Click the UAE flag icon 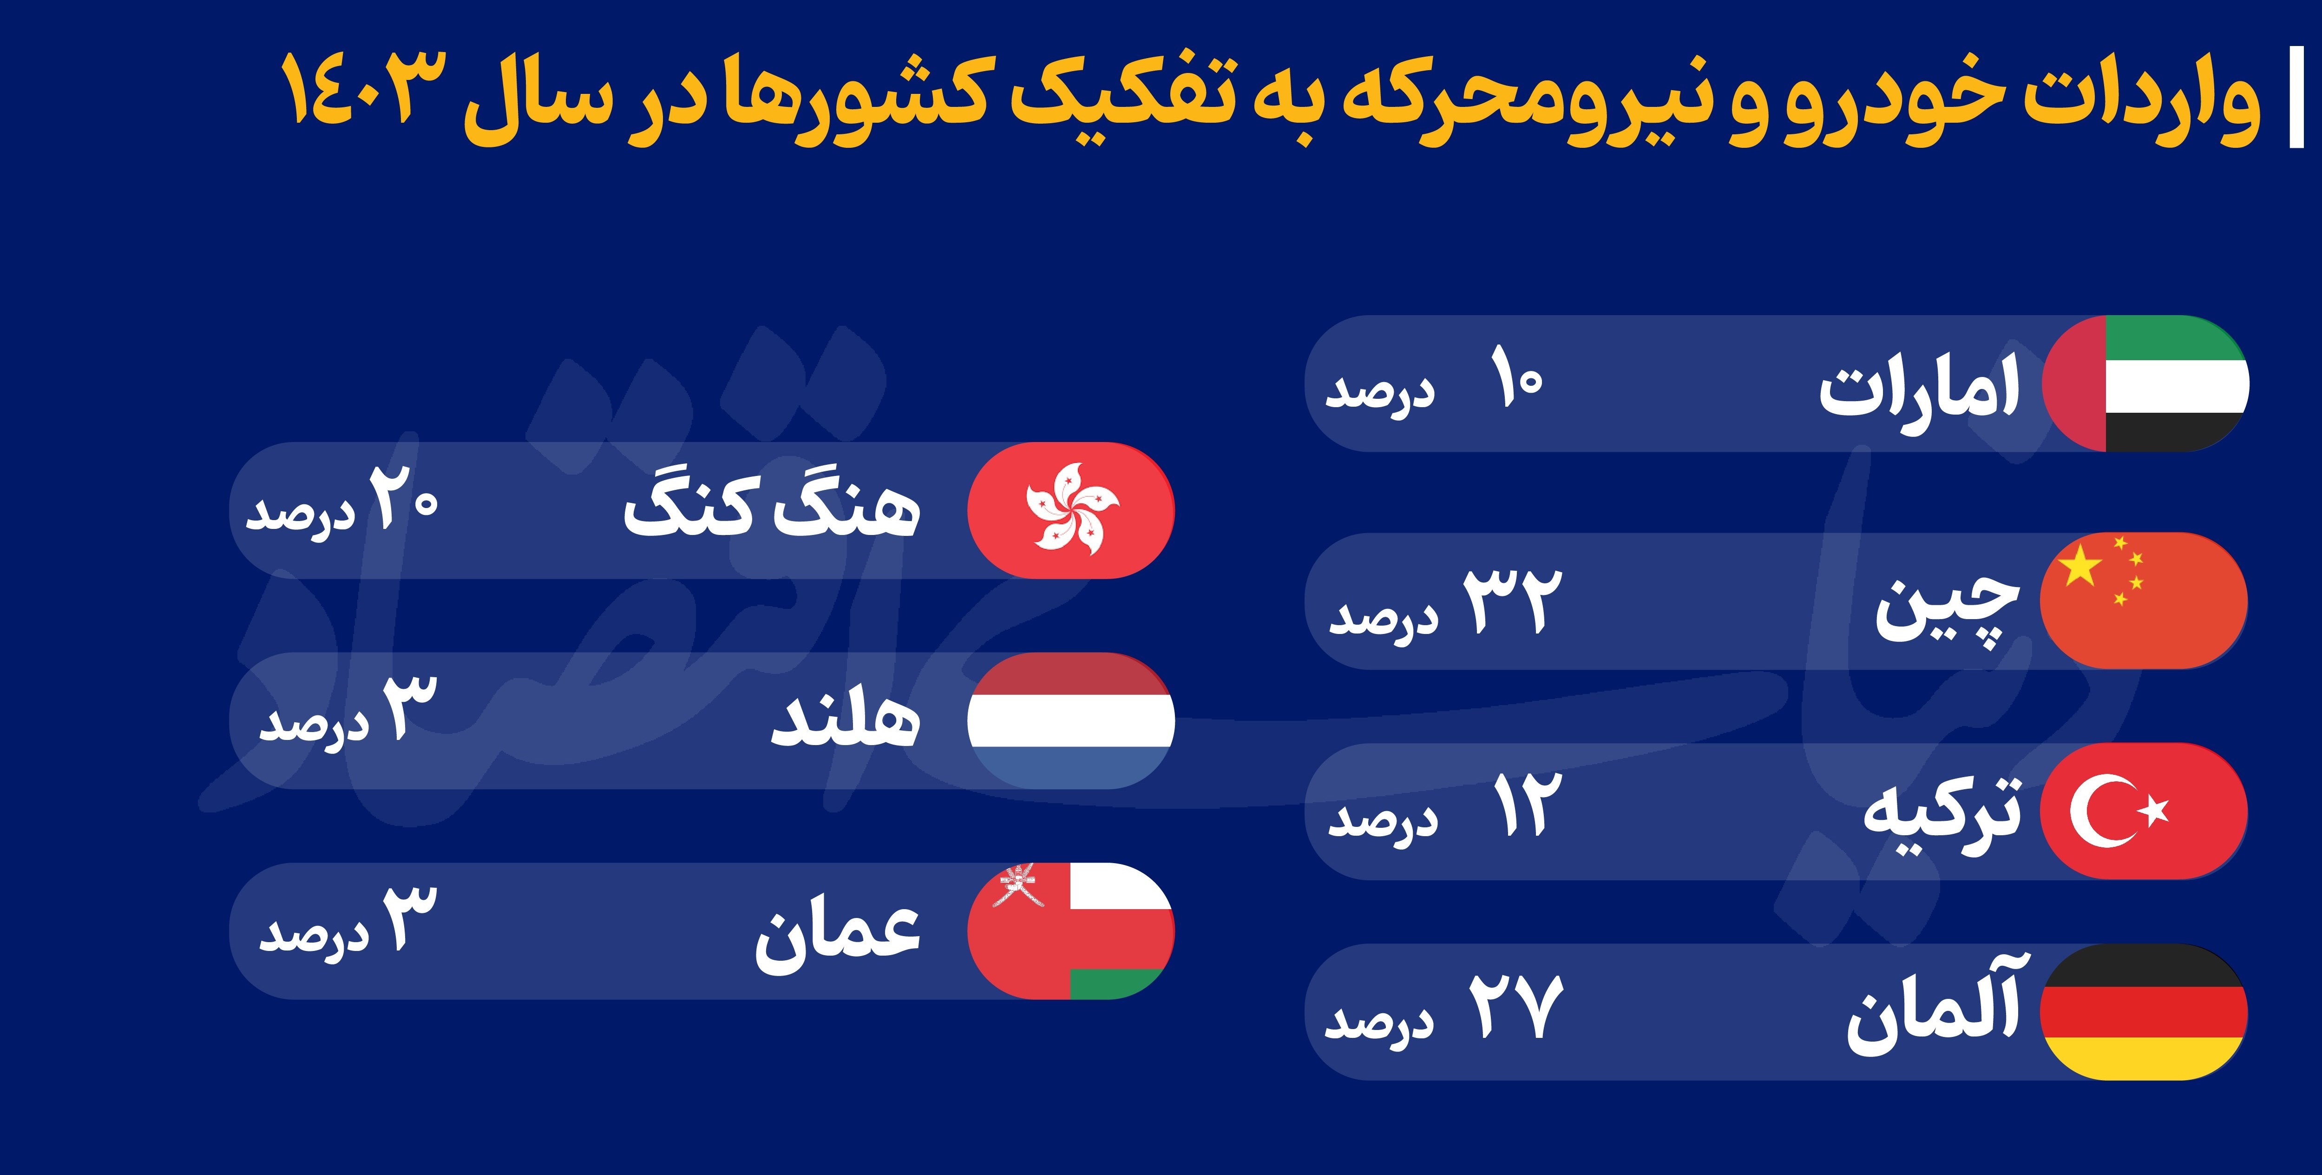click(2145, 383)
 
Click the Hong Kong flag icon click(1071, 510)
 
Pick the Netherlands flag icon click(1071, 720)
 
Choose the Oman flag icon click(1071, 931)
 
